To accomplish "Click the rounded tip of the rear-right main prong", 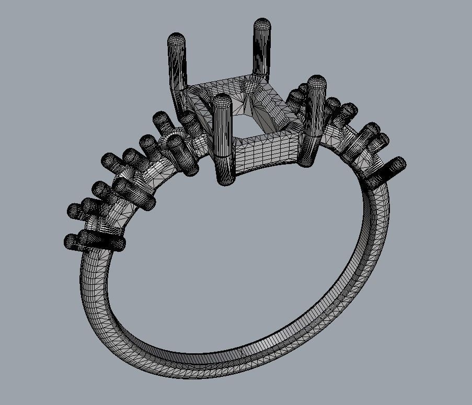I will (x=262, y=25).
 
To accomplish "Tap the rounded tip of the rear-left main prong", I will (x=176, y=40).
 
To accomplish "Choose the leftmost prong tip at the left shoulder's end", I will (x=71, y=241).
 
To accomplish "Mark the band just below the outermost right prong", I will (x=374, y=209).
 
